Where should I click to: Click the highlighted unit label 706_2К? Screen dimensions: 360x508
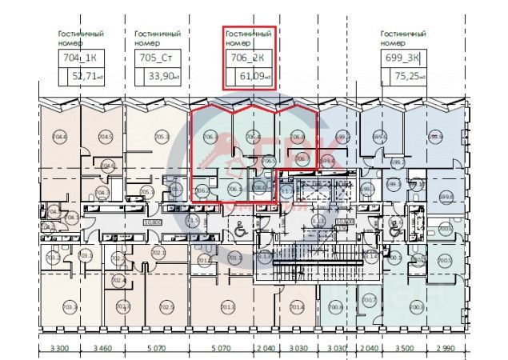click(249, 58)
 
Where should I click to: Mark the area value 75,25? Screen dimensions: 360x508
click(407, 76)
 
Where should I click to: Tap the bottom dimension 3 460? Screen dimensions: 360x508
click(101, 350)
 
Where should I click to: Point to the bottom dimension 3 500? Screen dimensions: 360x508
click(404, 350)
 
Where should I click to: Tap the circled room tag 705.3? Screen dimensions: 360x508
click(162, 137)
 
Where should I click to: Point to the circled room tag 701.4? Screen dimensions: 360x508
click(297, 307)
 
